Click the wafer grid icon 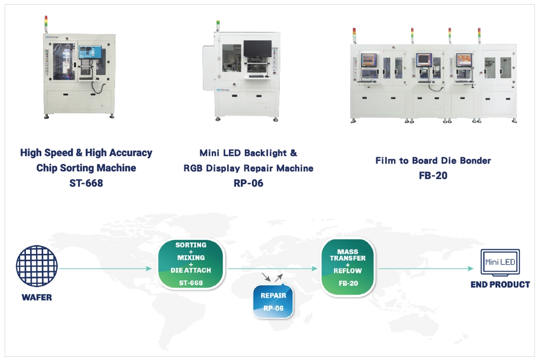37,267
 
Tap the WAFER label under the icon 37,298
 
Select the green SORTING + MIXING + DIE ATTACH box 191,264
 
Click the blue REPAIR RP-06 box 273,302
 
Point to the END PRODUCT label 500,284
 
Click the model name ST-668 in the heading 86,183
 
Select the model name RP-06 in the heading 248,183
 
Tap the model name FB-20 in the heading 433,175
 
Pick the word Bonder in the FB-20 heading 475,160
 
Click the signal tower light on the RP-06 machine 217,24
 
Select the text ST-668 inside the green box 191,283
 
